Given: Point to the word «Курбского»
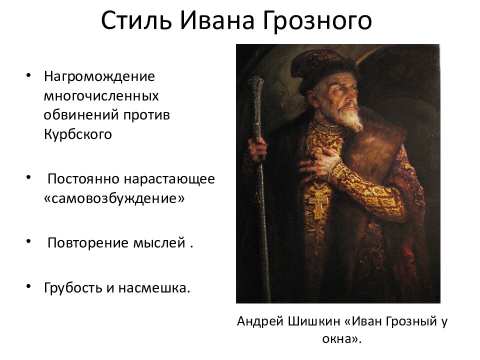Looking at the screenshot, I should pyautogui.click(x=77, y=134).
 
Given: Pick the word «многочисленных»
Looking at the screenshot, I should pyautogui.click(x=101, y=95).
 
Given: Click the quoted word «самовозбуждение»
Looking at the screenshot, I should pyautogui.click(x=114, y=198).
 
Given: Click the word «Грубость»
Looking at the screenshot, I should pyautogui.click(x=73, y=287).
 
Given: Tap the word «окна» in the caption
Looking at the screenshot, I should pyautogui.click(x=338, y=339).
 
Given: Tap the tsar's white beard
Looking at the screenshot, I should pyautogui.click(x=351, y=119).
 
